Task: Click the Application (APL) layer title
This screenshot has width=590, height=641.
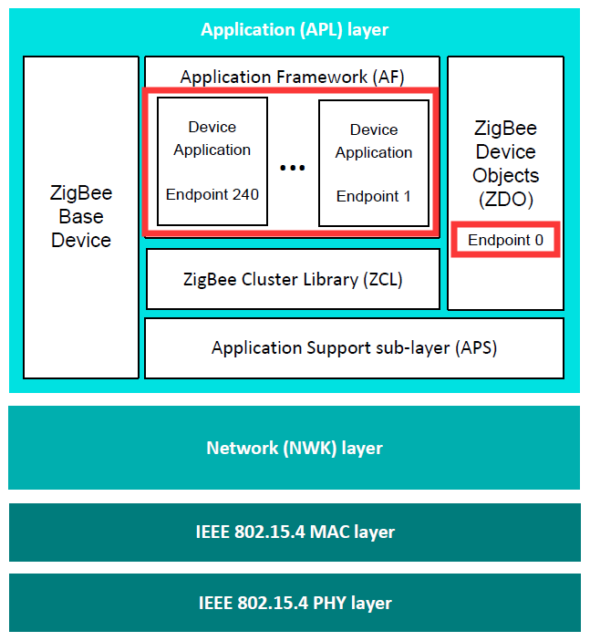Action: coord(295,30)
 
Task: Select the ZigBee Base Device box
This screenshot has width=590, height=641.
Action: coord(80,217)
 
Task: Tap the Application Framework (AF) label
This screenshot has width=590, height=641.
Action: coord(292,77)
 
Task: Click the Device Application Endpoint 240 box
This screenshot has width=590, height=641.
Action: coord(212,161)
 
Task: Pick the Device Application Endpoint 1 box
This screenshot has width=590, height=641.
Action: coord(374,163)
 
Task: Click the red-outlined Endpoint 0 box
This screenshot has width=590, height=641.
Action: coord(505,241)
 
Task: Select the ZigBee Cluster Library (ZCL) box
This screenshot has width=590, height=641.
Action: coord(292,279)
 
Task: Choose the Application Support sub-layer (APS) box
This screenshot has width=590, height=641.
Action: coord(354,347)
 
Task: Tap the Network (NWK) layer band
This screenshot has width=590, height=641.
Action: coord(295,448)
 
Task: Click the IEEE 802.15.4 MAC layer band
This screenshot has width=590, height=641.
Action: coord(295,532)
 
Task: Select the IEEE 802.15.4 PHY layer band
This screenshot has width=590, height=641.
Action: coord(295,603)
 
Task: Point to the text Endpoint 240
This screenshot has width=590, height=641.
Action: coord(212,194)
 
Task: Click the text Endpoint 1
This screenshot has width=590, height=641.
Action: coord(374,196)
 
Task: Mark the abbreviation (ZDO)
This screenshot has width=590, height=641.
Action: coord(505,199)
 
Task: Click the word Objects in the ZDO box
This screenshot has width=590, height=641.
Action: coord(505,175)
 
